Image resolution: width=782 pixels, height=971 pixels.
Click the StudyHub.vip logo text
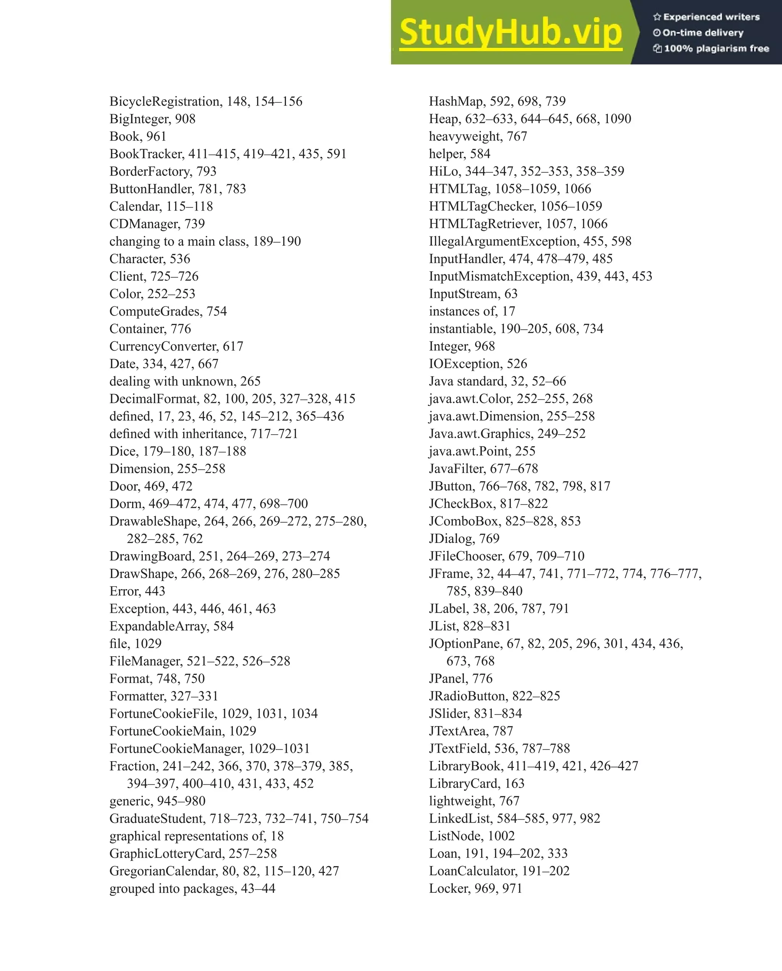[510, 32]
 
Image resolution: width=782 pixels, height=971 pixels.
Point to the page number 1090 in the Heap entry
[617, 119]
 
